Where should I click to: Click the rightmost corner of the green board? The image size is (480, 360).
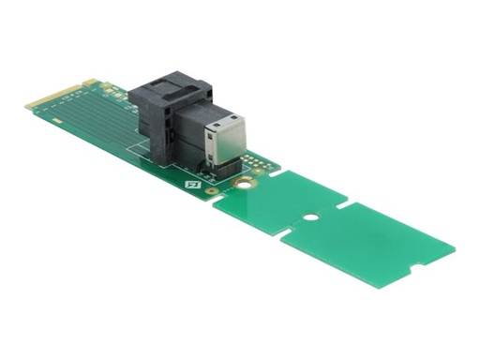click(455, 250)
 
